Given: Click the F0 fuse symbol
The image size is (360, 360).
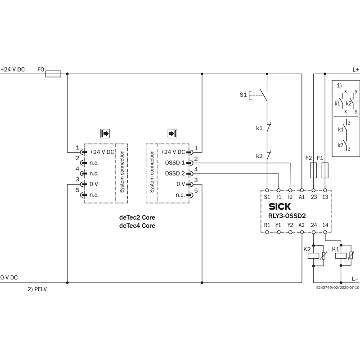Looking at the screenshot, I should click(x=54, y=73).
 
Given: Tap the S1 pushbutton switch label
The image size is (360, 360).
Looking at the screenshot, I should click(x=243, y=95).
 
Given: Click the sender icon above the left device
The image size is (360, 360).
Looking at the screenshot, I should click(x=105, y=134).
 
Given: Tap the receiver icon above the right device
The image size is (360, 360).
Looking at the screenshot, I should click(x=172, y=134).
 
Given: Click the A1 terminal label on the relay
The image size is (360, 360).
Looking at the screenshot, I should click(x=302, y=197).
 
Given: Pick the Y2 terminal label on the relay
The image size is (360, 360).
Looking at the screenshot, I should click(x=290, y=225).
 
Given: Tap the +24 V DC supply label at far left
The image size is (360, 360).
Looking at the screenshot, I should click(x=13, y=70).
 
